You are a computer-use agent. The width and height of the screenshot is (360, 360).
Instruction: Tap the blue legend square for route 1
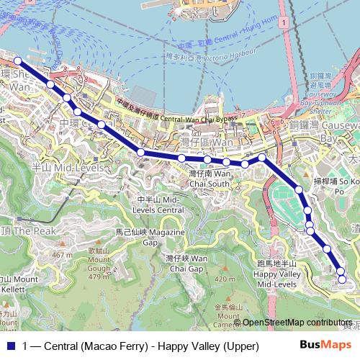[x=9, y=346]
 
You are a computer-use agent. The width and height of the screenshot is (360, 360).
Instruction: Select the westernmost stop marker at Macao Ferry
[x=18, y=62]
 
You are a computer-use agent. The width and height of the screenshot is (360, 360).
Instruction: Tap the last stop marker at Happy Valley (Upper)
[x=342, y=279]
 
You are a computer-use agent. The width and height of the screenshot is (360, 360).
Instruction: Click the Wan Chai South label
[x=210, y=178]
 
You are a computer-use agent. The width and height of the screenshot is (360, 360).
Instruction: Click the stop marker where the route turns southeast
[x=262, y=157]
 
